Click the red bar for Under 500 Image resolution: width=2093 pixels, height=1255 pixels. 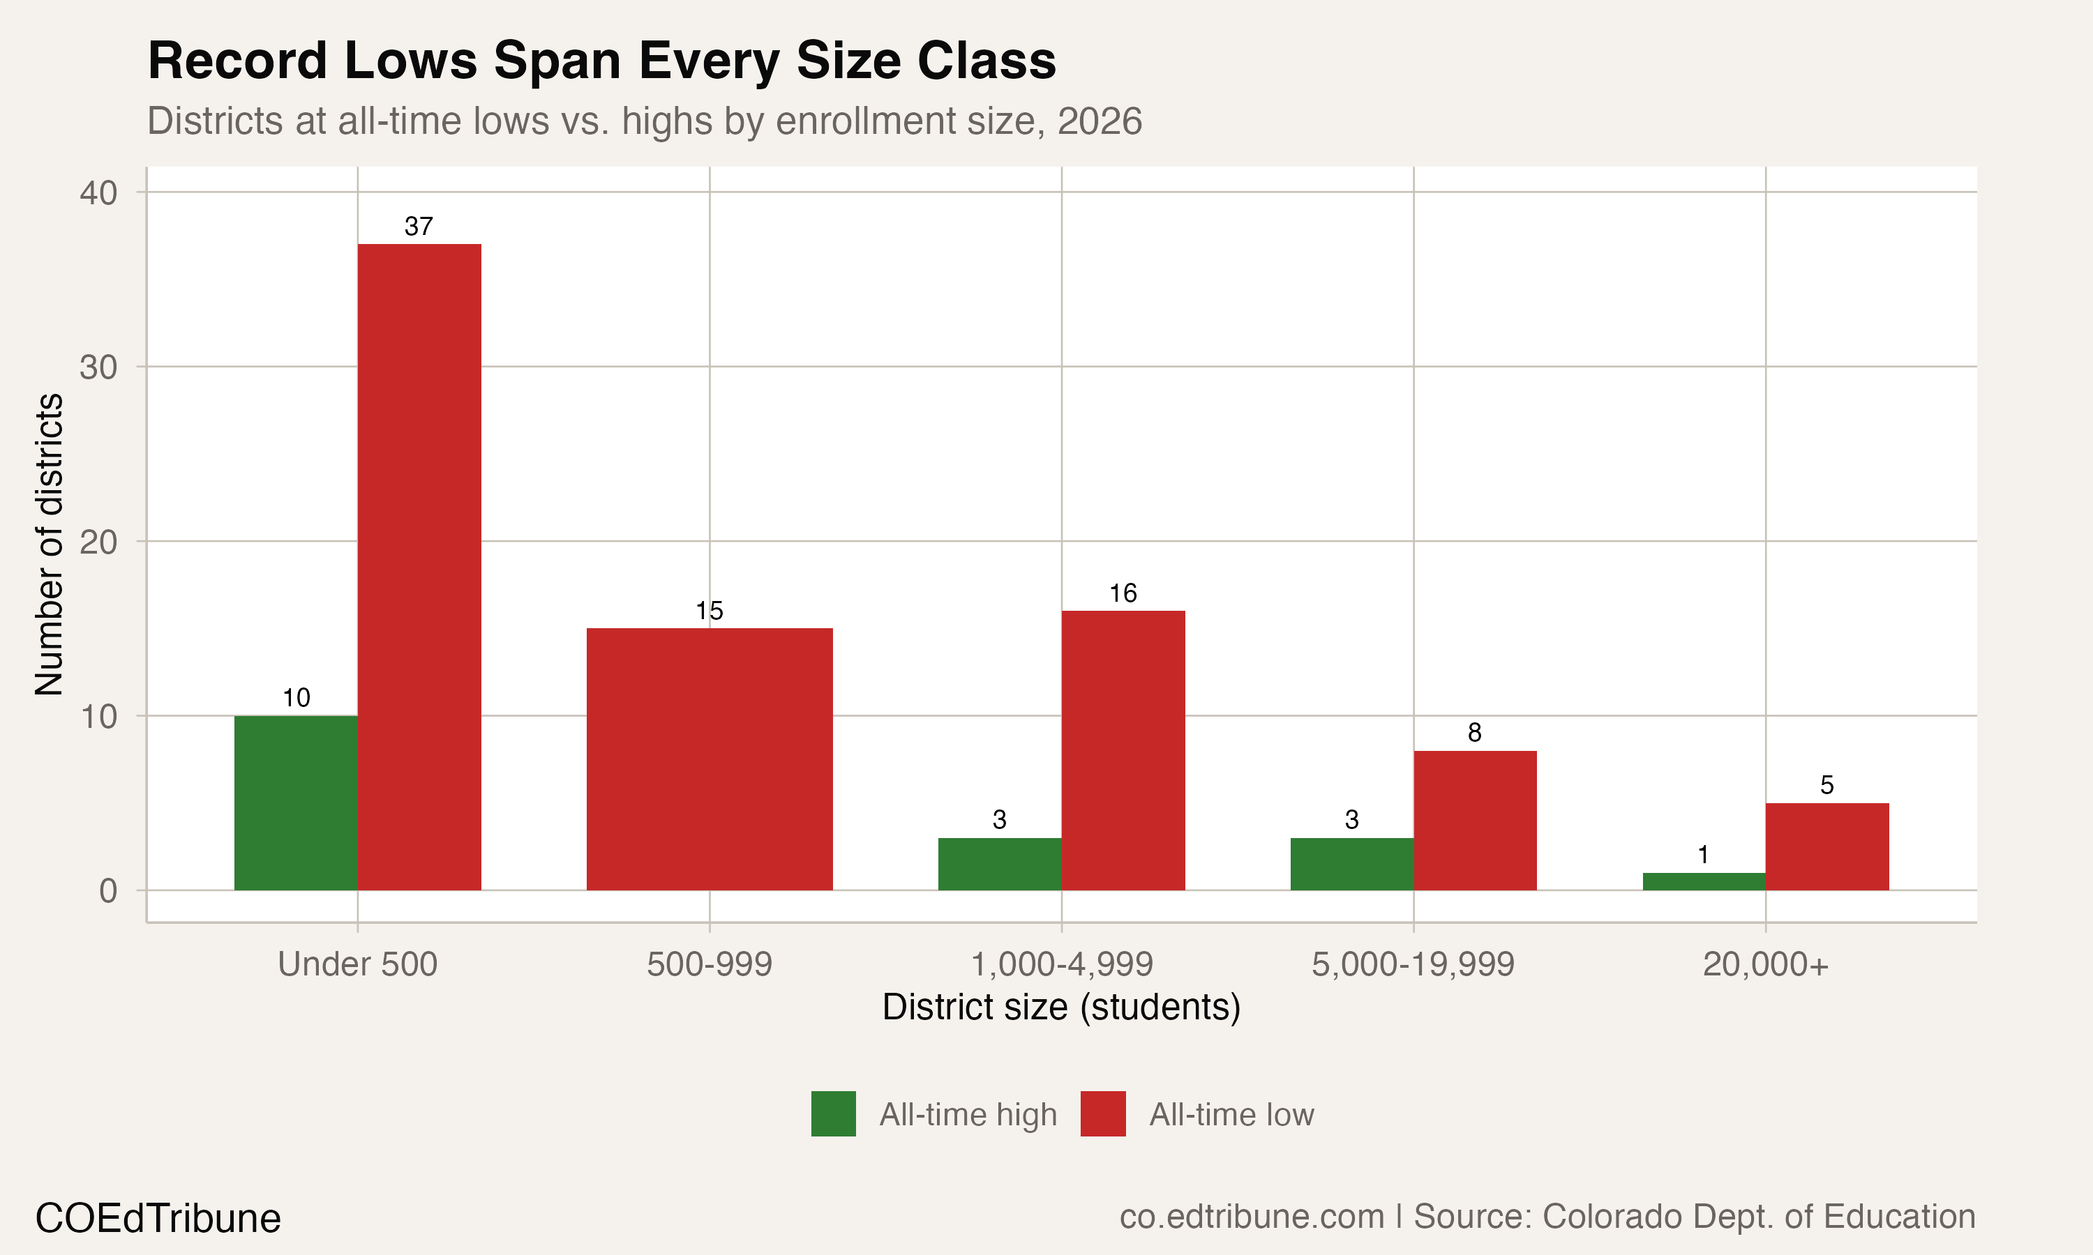coord(419,567)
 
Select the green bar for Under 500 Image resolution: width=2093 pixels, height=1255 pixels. coord(296,803)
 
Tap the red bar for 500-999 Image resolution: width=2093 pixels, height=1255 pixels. coord(709,759)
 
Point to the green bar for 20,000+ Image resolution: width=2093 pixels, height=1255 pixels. coord(1704,881)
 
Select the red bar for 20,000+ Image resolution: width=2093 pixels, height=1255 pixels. coord(1826,846)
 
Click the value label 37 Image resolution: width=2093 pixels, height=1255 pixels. coord(419,227)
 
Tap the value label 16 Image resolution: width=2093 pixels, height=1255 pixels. coord(1123,593)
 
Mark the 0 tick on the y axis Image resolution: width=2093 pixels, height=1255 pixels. coord(107,891)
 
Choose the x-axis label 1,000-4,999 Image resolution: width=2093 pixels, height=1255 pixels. coord(1062,965)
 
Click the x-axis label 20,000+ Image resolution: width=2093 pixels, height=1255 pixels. coord(1766,965)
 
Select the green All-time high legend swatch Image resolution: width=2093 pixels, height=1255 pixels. coord(833,1113)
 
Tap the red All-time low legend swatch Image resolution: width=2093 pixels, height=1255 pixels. coord(1103,1113)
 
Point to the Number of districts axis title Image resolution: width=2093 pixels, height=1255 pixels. coord(49,545)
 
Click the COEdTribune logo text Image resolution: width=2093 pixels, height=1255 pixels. coord(158,1219)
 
